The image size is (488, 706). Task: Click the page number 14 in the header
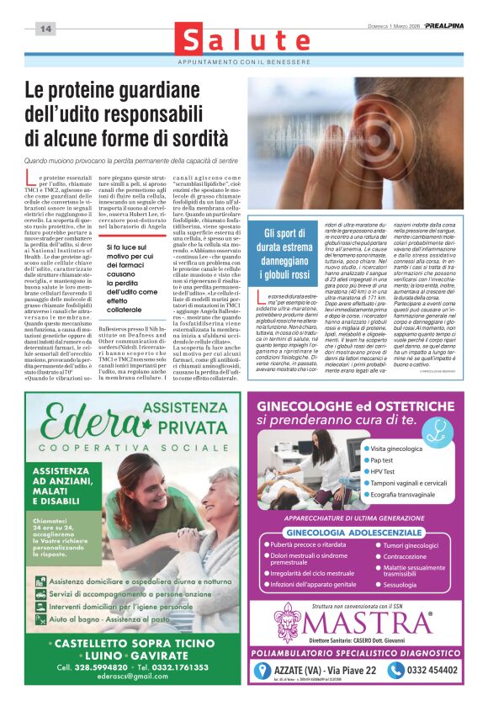(45, 29)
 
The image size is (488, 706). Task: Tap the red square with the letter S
(194, 42)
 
